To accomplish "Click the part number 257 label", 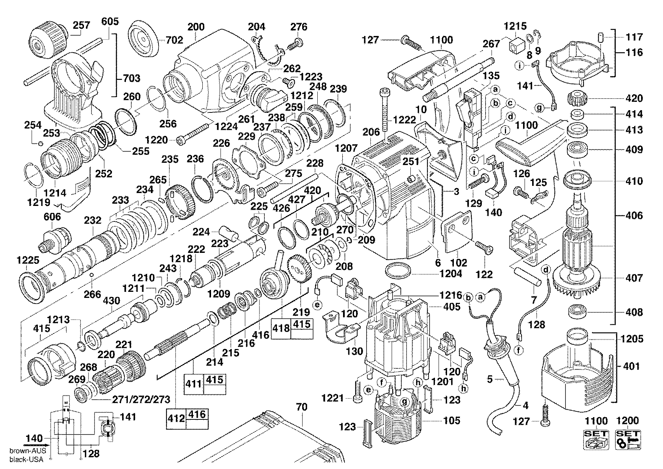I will [x=82, y=25].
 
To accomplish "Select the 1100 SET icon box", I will [x=596, y=439].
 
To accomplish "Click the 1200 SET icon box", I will [x=628, y=439].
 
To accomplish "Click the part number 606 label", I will [x=52, y=217].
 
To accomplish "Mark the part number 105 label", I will [x=452, y=420].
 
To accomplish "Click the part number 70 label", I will [x=302, y=407].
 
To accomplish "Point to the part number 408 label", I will [x=634, y=312].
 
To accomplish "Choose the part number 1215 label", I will [x=515, y=26].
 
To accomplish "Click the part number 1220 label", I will [x=156, y=140].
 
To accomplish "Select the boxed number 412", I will [x=176, y=418].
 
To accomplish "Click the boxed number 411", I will [x=194, y=383].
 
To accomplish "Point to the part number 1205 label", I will [x=634, y=339].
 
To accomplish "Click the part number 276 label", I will [x=299, y=26].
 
